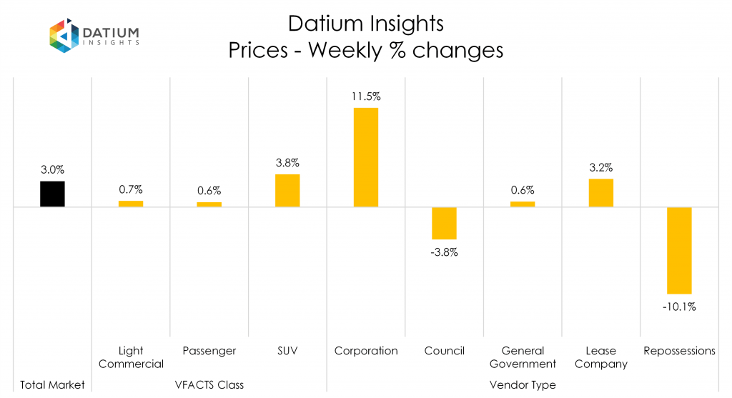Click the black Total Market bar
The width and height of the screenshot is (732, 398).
[52, 194]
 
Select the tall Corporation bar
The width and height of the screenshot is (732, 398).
[366, 157]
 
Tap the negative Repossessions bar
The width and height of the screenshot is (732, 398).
[679, 250]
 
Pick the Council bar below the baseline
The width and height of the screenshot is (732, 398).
[444, 223]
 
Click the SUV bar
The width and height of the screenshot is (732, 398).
[287, 191]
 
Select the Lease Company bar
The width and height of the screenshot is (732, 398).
[601, 193]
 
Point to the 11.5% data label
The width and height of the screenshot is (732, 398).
[366, 96]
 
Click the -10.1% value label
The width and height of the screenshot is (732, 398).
[679, 307]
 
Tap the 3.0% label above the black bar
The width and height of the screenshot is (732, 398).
[52, 169]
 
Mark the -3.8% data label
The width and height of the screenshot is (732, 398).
[444, 252]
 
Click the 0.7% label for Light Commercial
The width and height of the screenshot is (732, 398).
[131, 189]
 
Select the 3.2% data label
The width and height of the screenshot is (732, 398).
[601, 167]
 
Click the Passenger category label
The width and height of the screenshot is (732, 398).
[209, 351]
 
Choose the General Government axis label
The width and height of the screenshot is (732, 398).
[523, 357]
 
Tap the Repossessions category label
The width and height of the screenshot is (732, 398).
[679, 351]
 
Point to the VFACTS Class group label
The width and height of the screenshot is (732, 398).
[209, 385]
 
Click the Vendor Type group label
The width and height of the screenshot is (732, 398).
[523, 385]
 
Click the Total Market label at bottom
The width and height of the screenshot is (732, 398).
[52, 385]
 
